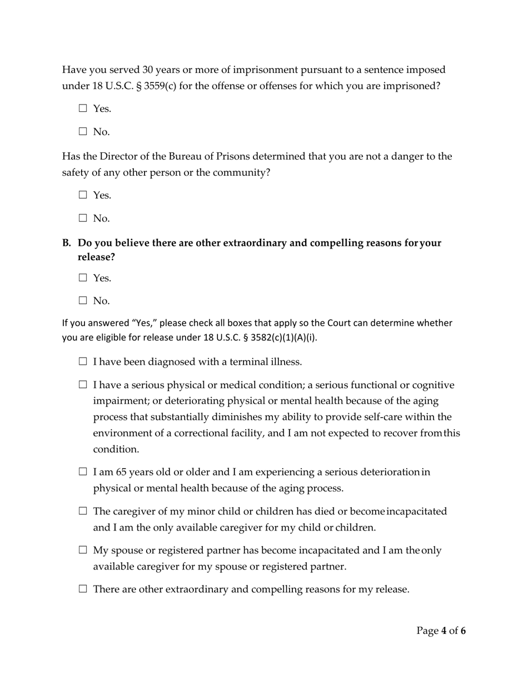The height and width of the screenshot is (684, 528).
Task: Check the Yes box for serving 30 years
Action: (x=83, y=109)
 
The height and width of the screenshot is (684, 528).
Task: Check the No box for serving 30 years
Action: (x=83, y=132)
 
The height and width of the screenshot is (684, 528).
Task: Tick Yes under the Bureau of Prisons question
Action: (x=83, y=195)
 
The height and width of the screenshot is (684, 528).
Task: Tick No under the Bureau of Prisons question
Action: (x=83, y=218)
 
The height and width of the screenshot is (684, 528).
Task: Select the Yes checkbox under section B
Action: (x=83, y=277)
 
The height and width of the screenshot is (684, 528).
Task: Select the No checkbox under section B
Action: (x=83, y=301)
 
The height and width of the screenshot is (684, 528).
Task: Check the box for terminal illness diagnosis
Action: (x=83, y=362)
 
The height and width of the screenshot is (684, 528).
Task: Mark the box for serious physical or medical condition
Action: (x=83, y=385)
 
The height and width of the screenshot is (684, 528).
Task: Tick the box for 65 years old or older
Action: (x=83, y=472)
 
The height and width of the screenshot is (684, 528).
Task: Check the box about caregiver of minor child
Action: (x=83, y=511)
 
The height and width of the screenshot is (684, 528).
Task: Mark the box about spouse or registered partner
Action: (x=83, y=551)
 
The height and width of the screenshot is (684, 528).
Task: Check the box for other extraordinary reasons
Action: (x=83, y=589)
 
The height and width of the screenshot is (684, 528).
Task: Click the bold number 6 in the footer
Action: (x=463, y=631)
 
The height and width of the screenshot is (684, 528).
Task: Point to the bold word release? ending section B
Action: (x=96, y=257)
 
